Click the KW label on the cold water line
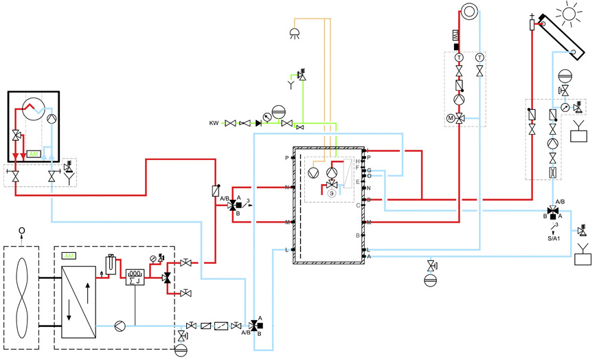tap(214, 123)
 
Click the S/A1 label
tap(554, 239)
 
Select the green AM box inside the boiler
tap(34, 153)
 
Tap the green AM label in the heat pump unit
tap(68, 256)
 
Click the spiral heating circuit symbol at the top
tap(469, 11)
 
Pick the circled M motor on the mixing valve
tap(451, 118)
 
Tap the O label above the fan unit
tap(22, 230)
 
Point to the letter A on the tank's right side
tap(369, 256)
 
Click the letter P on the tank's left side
tap(286, 157)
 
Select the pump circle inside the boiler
tap(52, 117)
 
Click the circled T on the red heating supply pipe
tap(458, 56)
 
